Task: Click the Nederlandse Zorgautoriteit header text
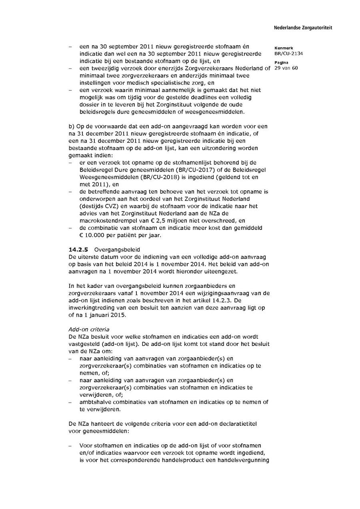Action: [303, 28]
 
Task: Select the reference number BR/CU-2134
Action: [288, 53]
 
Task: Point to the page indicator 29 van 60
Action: [286, 68]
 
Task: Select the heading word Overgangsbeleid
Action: [114, 249]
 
